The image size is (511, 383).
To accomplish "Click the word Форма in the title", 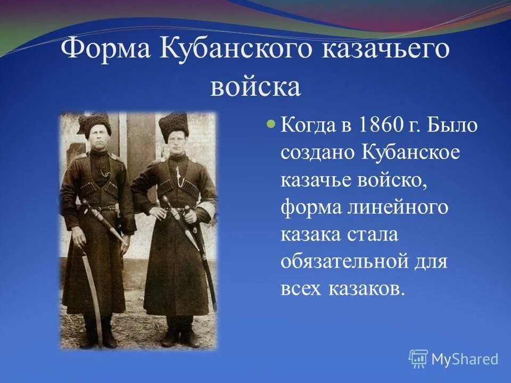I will (x=106, y=51).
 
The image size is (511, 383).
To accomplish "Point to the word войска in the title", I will (x=256, y=87).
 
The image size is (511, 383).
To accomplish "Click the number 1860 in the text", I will (x=380, y=127).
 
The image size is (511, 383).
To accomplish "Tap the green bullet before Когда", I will (x=270, y=124).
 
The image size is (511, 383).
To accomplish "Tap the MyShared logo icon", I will (x=418, y=359).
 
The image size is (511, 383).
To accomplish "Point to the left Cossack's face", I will (x=98, y=138).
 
